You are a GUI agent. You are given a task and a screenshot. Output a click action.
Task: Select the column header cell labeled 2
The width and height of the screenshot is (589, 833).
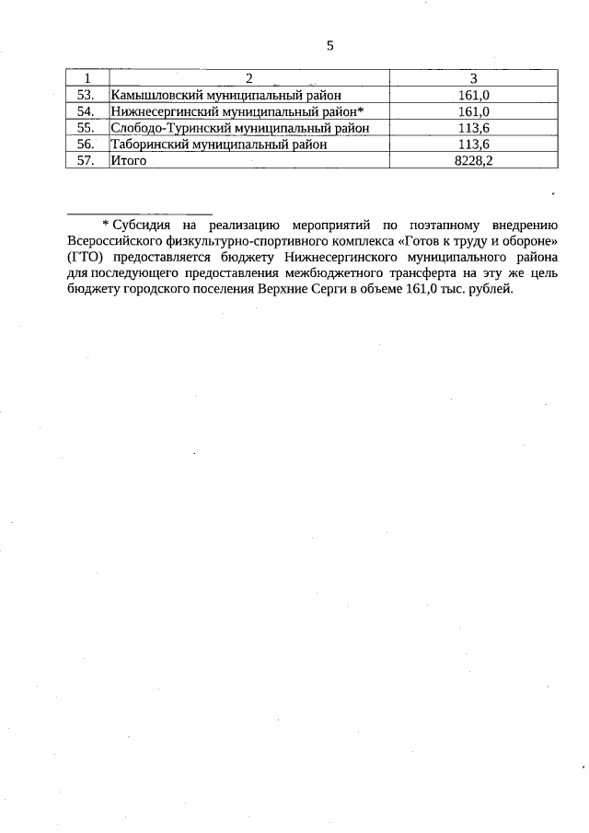(248, 77)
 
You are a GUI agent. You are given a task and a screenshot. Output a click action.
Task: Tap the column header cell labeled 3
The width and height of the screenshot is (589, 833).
(473, 77)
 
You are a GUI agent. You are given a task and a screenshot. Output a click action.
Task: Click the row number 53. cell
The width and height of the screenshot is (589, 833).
(86, 94)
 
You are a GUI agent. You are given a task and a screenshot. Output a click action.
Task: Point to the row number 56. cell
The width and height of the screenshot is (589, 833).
(86, 144)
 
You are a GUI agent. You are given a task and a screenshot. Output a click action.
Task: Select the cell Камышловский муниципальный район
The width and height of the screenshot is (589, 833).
(225, 94)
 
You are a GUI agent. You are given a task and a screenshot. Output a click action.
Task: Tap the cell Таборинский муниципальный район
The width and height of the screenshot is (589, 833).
(219, 144)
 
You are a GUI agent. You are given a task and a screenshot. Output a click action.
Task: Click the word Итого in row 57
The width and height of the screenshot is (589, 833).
(129, 160)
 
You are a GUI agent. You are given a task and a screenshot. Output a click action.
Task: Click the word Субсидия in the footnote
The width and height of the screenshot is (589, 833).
(140, 224)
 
